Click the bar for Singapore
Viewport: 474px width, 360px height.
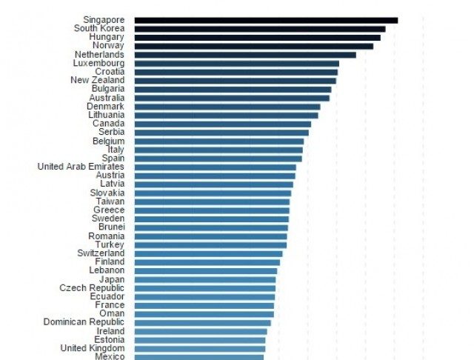266,20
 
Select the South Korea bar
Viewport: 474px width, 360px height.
260,29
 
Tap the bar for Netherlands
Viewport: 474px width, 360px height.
245,54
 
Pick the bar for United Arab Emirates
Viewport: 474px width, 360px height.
216,167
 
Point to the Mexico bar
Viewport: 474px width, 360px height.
199,356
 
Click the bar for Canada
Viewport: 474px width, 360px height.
223,124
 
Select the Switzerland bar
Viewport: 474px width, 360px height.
208,253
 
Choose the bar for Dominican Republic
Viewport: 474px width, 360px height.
203,322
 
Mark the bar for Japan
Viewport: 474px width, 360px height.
205,279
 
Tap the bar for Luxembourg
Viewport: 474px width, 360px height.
237,63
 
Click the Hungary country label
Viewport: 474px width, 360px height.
107,37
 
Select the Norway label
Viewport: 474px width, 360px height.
108,46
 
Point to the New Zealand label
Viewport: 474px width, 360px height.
98,80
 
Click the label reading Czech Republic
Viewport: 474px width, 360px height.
92,287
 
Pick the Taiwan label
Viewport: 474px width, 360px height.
110,201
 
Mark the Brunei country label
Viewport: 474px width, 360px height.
109,227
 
